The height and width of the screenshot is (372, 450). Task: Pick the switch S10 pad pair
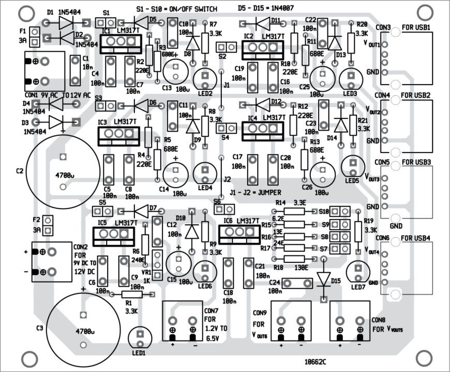pyautogui.click(x=339, y=211)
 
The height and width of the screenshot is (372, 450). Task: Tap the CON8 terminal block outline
pyautogui.click(x=350, y=322)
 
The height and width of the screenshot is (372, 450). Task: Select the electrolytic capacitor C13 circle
pyautogui.click(x=175, y=72)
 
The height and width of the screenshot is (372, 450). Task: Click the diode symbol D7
pyautogui.click(x=142, y=211)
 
